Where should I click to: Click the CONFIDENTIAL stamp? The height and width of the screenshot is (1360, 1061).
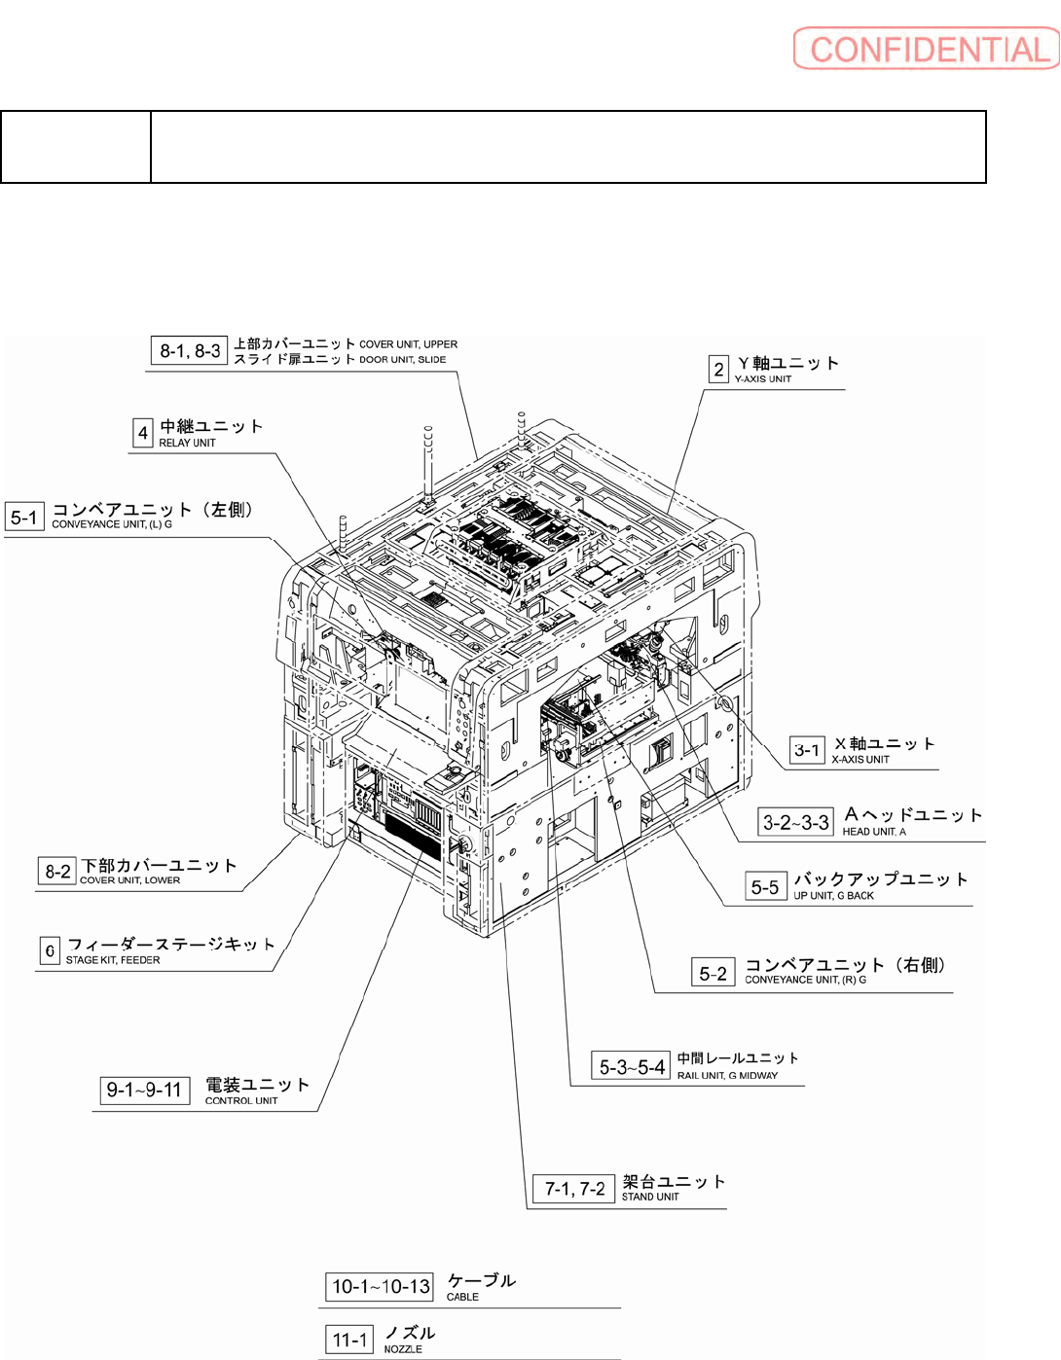point(926,49)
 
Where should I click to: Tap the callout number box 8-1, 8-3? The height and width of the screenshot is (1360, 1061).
point(190,351)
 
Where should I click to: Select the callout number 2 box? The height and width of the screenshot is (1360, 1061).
point(718,370)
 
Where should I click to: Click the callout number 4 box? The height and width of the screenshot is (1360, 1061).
point(143,433)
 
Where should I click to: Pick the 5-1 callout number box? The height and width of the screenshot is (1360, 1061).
point(24,518)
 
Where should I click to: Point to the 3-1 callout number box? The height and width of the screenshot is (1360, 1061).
point(807,750)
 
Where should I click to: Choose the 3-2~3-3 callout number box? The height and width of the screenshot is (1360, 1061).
point(796,823)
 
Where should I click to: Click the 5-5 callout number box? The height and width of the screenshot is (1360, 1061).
point(765,887)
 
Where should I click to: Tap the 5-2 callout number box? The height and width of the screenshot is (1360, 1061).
point(713,973)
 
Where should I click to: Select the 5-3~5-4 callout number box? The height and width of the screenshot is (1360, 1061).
point(632,1067)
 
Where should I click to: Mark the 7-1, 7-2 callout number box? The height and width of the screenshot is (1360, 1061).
point(574,1189)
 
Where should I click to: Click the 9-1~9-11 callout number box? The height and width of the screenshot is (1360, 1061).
point(145,1091)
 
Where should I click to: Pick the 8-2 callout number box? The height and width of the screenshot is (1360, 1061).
point(57,872)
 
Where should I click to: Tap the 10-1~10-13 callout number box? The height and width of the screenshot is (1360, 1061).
point(381,1287)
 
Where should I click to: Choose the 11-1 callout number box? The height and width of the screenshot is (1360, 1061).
point(349,1341)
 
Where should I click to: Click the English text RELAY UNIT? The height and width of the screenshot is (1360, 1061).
point(187,444)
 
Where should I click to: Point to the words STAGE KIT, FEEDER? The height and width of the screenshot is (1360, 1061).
point(113,960)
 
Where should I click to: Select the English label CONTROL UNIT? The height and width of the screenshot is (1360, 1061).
point(241,1101)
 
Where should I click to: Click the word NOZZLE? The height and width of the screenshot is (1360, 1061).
point(403,1349)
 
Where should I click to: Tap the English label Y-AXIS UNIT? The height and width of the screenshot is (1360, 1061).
point(763,379)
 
